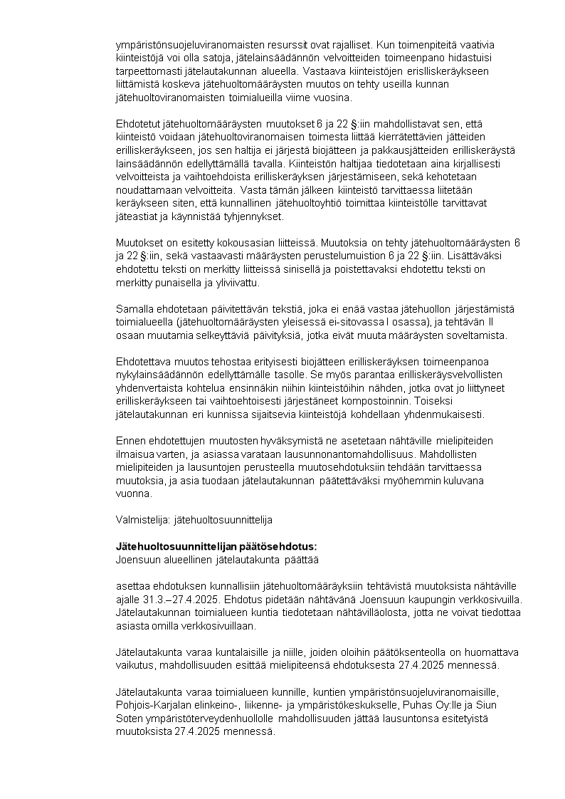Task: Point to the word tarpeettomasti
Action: click(149, 71)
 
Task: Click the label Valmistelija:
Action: click(143, 521)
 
